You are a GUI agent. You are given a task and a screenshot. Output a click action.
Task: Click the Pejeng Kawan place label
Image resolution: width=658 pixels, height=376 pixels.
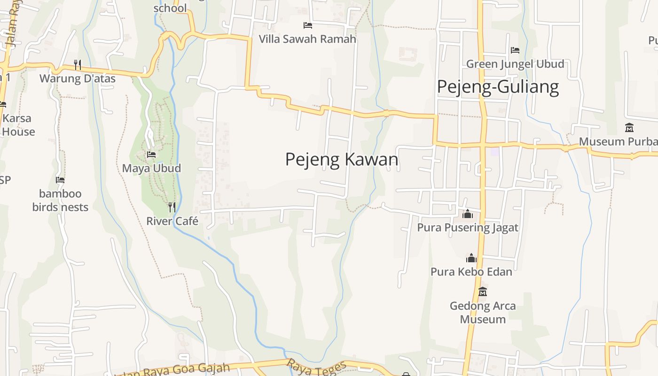point(342,160)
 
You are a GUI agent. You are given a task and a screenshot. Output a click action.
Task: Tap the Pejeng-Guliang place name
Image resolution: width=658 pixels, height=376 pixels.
point(498,87)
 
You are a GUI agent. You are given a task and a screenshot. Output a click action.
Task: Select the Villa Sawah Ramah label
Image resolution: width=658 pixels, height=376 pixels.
point(307,39)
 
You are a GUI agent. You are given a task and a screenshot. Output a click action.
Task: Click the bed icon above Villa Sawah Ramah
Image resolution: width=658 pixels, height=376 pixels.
point(308,25)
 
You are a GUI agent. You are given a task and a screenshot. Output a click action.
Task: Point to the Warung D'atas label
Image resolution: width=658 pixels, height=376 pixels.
point(77,78)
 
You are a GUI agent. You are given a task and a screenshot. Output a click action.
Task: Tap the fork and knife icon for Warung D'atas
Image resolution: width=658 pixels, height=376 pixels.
point(78,64)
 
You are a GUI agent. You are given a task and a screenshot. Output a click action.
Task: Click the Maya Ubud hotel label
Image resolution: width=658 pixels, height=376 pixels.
point(151,168)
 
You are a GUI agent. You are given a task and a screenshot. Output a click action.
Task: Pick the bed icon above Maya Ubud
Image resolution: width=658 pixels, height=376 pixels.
point(151,154)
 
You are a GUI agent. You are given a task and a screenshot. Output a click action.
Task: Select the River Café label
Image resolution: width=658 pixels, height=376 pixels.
point(172,221)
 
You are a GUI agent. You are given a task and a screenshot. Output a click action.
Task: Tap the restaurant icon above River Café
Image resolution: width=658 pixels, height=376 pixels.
point(172,207)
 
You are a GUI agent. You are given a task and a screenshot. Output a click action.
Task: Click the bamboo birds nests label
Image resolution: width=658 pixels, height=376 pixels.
point(60,200)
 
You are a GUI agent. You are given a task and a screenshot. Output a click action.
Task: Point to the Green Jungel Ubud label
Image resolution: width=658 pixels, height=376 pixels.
point(515,64)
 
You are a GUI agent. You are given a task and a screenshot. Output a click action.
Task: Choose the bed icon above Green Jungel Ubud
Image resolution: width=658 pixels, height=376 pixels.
point(515,50)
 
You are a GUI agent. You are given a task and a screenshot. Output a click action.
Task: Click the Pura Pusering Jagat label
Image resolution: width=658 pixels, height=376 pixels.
point(468,228)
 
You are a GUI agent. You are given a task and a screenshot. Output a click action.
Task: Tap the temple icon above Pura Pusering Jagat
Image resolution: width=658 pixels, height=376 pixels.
point(468,214)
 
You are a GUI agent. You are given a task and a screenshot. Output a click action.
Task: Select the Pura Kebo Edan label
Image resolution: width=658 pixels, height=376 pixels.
point(471,272)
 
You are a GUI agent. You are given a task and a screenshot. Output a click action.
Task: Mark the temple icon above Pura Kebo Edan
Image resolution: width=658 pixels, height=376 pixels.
point(471,258)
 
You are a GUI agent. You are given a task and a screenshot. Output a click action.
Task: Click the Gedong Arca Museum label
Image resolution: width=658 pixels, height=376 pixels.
point(483,313)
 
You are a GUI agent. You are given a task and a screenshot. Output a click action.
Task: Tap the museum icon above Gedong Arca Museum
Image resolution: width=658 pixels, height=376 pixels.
point(483,292)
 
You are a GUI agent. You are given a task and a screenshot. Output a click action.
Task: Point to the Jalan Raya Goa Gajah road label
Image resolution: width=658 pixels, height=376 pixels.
point(174,370)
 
